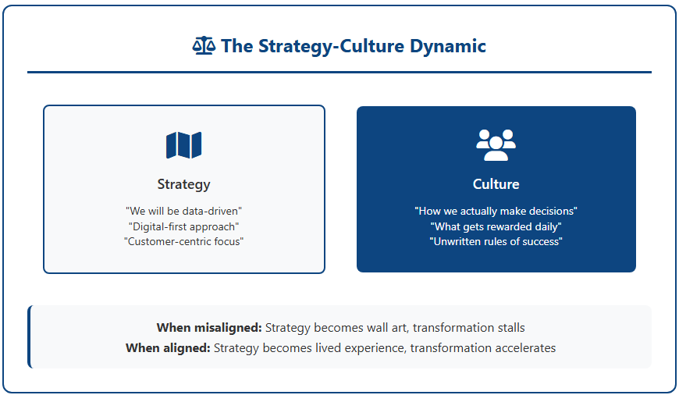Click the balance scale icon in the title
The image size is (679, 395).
(204, 45)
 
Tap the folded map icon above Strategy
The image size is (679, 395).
(183, 145)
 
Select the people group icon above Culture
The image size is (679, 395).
(496, 145)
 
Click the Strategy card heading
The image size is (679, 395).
(183, 184)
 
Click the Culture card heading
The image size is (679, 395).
(496, 184)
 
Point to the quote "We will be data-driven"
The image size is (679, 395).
(183, 211)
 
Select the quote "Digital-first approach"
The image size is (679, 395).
(183, 226)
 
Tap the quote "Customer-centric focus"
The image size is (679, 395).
(183, 241)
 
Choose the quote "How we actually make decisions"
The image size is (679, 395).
(496, 211)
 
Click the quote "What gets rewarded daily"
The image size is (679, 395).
(496, 226)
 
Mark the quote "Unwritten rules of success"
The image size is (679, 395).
(496, 241)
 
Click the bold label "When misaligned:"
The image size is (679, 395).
(209, 328)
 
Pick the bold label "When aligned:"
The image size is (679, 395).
(168, 348)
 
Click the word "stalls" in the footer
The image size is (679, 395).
(511, 328)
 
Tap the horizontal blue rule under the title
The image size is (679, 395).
(339, 73)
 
